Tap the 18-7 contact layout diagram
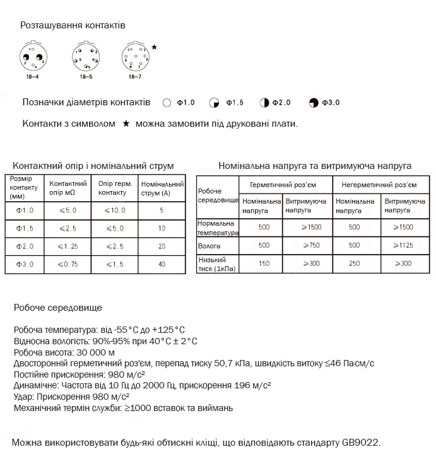[134, 57]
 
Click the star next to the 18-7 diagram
[155, 47]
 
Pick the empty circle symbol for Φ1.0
[167, 103]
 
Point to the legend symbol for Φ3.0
[314, 103]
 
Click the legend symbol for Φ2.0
[264, 103]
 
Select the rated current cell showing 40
[162, 264]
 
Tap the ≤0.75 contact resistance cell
[68, 264]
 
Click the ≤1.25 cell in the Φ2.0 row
[68, 246]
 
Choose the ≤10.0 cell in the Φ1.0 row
[115, 210]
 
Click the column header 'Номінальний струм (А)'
[162, 188]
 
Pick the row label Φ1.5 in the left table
[25, 228]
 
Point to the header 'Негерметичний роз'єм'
[379, 185]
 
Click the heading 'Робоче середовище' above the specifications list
[57, 308]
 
